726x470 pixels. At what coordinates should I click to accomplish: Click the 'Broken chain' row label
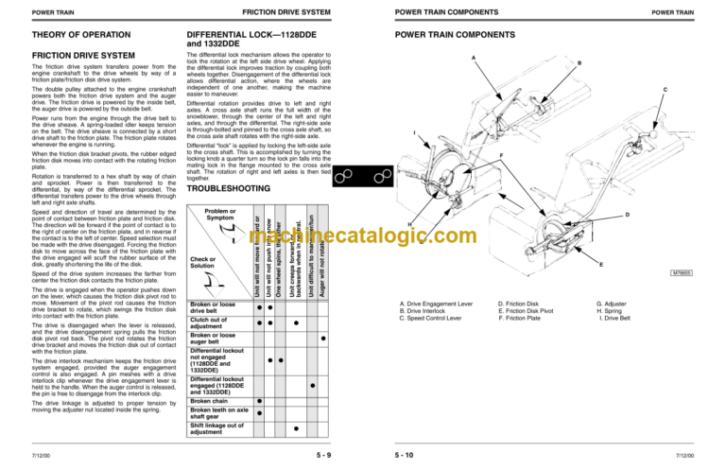pos(213,402)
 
